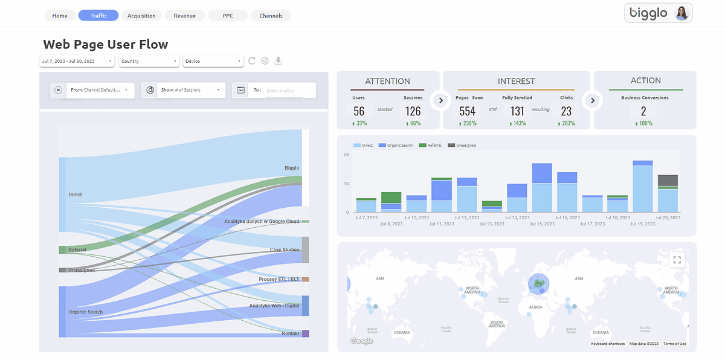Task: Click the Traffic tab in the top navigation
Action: pos(98,16)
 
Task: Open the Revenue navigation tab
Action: pos(184,16)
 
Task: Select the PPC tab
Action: pos(227,16)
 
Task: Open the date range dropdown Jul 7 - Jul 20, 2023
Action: pos(77,61)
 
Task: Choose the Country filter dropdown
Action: pos(149,61)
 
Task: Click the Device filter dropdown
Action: pos(213,61)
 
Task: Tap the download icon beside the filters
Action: pos(279,61)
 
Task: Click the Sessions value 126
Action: pos(413,111)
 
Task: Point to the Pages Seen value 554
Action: pos(467,111)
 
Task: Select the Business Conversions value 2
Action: pos(643,111)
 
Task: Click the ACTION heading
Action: pos(645,81)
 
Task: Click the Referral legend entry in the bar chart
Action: pos(433,146)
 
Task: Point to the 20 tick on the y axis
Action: pos(346,155)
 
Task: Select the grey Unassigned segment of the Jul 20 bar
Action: pos(668,181)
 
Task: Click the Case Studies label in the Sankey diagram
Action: pos(284,250)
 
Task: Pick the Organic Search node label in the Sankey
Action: pos(85,312)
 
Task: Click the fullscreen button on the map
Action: pos(677,260)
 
